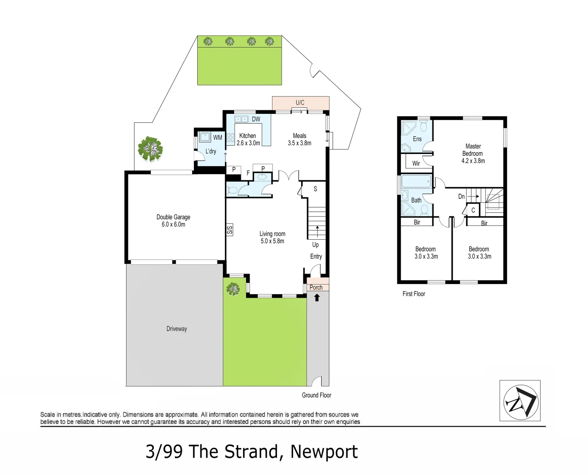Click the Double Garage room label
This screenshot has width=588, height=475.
coord(173,217)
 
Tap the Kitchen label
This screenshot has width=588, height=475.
coord(247,135)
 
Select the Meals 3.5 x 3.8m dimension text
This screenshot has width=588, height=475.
coord(300,143)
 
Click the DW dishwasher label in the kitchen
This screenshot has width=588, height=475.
coord(256,119)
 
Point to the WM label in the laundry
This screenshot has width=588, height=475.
coord(218,137)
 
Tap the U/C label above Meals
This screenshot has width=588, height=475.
coord(300,103)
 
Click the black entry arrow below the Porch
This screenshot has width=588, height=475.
coord(317,297)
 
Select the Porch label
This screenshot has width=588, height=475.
coord(316,287)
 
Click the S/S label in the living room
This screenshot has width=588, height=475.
coord(230,230)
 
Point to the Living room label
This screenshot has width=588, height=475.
coord(272,234)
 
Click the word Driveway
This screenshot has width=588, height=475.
coord(177,329)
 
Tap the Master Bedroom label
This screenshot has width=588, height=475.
coord(473,150)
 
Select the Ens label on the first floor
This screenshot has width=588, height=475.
coord(417,139)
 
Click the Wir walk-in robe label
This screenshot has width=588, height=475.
coord(416,163)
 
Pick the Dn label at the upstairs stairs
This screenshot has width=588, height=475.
coord(461,197)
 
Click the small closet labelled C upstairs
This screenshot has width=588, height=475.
coord(473,210)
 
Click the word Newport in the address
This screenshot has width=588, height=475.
coord(324,452)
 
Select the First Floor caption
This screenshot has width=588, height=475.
coord(414,294)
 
